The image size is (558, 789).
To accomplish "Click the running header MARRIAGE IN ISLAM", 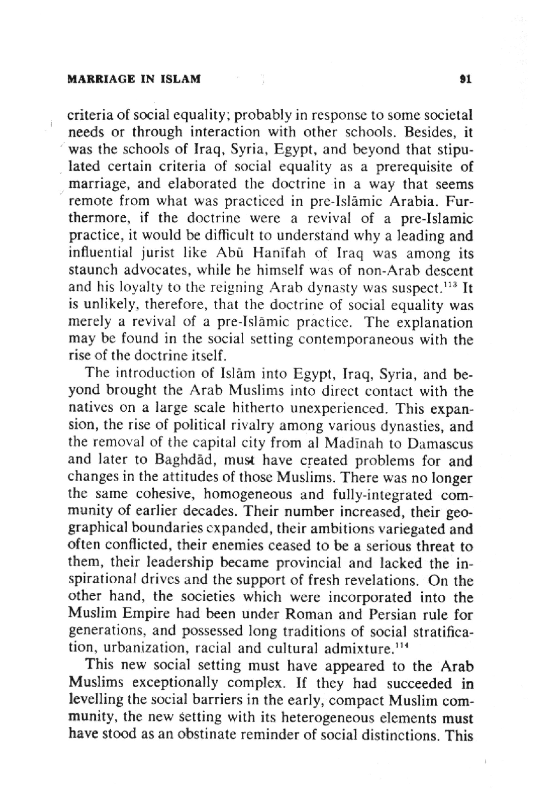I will (134, 79).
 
